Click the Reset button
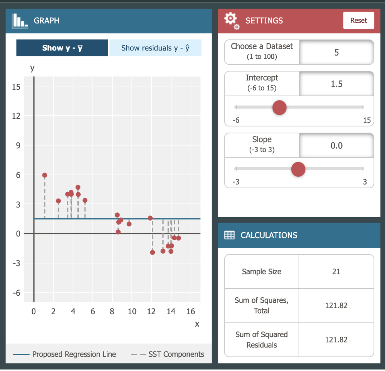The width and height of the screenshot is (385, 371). (x=358, y=20)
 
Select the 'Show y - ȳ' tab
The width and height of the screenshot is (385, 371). (x=62, y=48)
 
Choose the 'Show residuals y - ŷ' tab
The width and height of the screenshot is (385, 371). (x=155, y=48)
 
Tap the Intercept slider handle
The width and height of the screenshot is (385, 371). (x=279, y=108)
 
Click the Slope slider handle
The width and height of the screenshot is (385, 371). (x=299, y=169)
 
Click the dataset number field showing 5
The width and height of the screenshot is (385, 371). (x=336, y=52)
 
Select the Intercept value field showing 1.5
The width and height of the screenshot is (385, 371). (x=336, y=84)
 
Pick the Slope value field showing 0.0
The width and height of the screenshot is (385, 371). (x=336, y=145)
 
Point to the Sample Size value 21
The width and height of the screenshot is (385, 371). (x=336, y=271)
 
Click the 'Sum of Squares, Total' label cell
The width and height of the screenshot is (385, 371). (x=262, y=305)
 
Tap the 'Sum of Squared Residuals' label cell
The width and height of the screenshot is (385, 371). (x=262, y=339)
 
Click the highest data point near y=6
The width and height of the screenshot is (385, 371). (x=45, y=175)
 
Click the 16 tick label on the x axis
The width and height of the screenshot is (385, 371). (x=191, y=311)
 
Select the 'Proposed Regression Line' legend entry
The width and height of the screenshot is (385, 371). (x=65, y=354)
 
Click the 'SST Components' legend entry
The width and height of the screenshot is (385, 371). (x=168, y=354)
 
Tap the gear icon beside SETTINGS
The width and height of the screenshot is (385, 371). (x=231, y=20)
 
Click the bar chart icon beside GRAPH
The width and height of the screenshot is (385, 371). (x=20, y=20)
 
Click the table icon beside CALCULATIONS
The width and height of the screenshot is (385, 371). (x=229, y=235)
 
